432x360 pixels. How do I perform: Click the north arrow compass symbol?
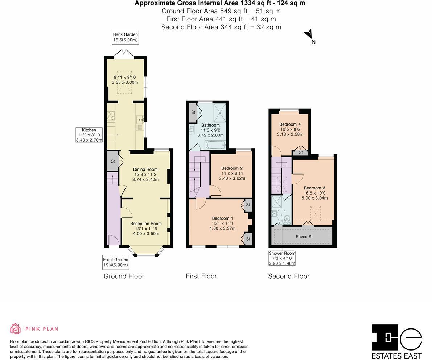(309, 34)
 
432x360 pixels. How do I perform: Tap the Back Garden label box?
(126, 37)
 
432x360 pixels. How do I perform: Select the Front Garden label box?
(116, 262)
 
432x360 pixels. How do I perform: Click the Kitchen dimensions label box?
(89, 135)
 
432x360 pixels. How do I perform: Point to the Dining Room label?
(145, 169)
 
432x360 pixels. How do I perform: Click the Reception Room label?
(146, 224)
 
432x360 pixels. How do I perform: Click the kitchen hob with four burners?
(111, 116)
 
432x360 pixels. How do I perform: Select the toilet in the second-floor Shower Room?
(287, 220)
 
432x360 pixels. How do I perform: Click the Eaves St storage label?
(304, 237)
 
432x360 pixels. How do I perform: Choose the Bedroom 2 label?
(232, 168)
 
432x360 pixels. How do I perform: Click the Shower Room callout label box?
(282, 258)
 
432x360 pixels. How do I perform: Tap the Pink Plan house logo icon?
(16, 328)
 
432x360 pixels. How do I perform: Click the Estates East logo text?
(397, 356)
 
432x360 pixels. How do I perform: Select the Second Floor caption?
(289, 276)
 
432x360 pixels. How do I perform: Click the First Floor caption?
(201, 276)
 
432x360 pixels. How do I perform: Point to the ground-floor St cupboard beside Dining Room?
(113, 161)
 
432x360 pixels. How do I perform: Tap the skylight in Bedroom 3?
(316, 213)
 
